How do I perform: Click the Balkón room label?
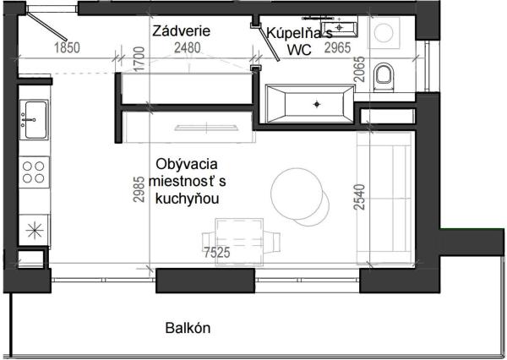[188, 328]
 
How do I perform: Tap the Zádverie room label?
[181, 31]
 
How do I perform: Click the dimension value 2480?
[188, 48]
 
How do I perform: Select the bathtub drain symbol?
[317, 104]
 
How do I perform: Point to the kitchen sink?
[35, 119]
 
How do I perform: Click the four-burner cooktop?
[35, 172]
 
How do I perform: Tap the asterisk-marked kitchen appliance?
[35, 228]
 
